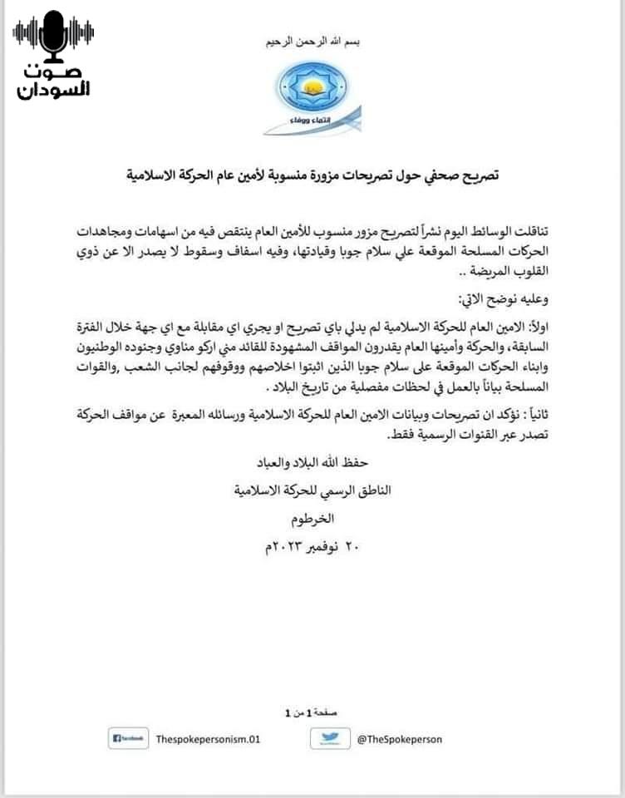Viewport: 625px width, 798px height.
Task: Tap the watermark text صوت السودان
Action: click(x=54, y=81)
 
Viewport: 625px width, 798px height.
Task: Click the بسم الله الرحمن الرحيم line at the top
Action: click(x=312, y=42)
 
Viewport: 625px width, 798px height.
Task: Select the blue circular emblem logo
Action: click(x=312, y=88)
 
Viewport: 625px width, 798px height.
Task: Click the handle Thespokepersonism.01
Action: click(x=209, y=738)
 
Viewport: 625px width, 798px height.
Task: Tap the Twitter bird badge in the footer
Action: click(x=330, y=738)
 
